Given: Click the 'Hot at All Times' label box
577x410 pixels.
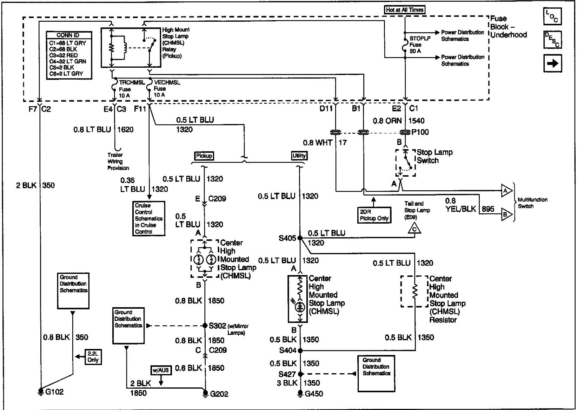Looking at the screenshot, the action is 404,10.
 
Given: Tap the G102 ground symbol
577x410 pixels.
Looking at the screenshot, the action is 41,391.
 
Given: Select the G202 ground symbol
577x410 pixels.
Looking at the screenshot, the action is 205,393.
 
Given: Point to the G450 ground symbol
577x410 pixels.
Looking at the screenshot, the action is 300,393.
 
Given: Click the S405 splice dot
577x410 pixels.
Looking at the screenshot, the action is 300,238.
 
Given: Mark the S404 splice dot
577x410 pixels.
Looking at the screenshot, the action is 300,350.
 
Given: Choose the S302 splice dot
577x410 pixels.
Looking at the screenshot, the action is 205,326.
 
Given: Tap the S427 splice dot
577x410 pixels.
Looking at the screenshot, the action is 300,374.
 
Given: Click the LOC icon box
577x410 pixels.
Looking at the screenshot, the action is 552,16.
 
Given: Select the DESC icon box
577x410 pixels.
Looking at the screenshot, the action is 552,40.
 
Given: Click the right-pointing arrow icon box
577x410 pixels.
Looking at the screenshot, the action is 552,63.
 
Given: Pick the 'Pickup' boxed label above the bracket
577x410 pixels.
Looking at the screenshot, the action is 204,156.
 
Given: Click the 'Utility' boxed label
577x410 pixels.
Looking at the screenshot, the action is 299,156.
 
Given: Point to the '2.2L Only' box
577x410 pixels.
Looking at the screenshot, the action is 93,357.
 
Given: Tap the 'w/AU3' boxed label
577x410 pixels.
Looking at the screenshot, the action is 161,370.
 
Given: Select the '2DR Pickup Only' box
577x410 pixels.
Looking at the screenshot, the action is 374,215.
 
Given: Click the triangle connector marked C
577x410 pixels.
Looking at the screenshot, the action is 414,228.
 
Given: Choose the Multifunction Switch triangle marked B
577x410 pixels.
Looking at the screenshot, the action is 506,214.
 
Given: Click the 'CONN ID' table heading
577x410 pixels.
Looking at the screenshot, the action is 68,35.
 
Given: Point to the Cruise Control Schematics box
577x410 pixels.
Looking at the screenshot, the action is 148,218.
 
